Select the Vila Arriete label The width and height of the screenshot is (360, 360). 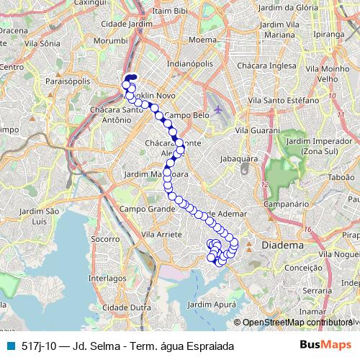163,234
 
